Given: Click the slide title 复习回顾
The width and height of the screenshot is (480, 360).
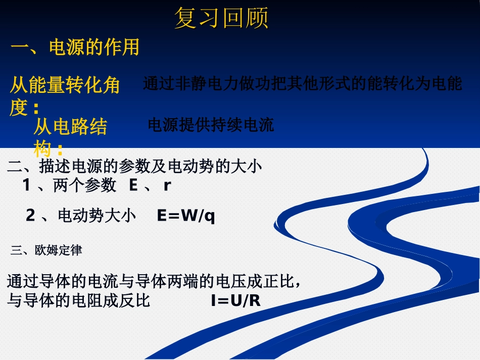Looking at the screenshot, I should point(221,19).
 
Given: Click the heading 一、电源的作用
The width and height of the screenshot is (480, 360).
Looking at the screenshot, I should point(75,47).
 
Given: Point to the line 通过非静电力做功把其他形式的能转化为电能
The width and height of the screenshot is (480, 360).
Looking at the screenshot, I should point(302,83).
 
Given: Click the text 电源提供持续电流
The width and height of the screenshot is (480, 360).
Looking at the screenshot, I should point(210,125).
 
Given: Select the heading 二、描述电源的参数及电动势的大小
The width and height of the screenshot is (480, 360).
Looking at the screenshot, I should point(135,166).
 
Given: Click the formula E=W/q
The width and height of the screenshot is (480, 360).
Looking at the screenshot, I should point(186,216).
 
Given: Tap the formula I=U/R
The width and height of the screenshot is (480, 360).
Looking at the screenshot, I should point(235,301).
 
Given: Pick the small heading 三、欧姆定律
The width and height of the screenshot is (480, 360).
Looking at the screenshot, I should point(46,250).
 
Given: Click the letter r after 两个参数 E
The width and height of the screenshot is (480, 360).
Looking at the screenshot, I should point(167,186).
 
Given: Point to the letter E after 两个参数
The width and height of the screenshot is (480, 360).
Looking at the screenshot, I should point(133,186).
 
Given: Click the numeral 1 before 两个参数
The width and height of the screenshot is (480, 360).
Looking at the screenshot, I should point(26,186).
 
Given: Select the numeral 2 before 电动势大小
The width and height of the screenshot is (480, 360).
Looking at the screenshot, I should point(30,216).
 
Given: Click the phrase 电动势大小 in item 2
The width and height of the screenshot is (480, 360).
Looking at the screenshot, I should point(97,216).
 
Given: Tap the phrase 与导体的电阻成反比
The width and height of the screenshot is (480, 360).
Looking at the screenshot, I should point(79,301).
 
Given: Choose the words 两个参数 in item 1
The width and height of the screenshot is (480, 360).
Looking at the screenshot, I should point(84,186).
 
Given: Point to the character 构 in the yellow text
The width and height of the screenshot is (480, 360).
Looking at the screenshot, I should point(42,149).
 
